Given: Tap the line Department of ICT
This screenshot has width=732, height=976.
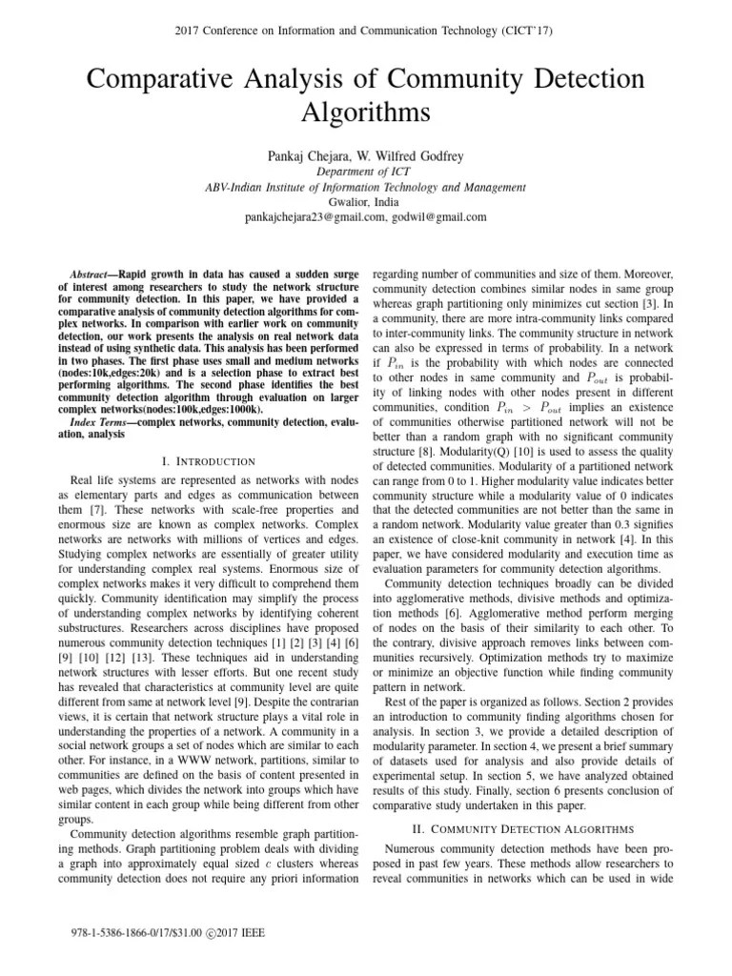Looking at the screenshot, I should pyautogui.click(x=365, y=173).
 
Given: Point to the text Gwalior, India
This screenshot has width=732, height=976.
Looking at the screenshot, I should pyautogui.click(x=365, y=202).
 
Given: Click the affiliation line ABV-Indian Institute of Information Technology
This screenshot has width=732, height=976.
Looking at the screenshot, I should pyautogui.click(x=365, y=188).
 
